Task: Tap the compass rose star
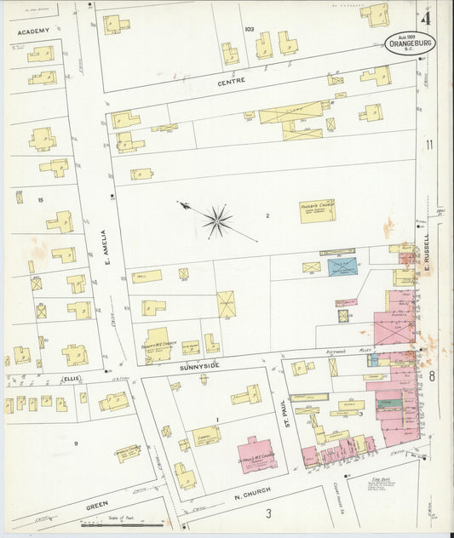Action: [x=217, y=222]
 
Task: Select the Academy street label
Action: [x=32, y=31]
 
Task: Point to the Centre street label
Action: [x=231, y=81]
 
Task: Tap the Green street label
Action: [x=95, y=506]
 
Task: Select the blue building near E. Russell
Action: [x=344, y=267]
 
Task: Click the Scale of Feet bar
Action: [x=124, y=520]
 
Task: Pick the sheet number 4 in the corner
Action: [x=425, y=16]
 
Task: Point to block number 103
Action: [x=249, y=29]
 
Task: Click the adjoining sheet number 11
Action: [x=429, y=145]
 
